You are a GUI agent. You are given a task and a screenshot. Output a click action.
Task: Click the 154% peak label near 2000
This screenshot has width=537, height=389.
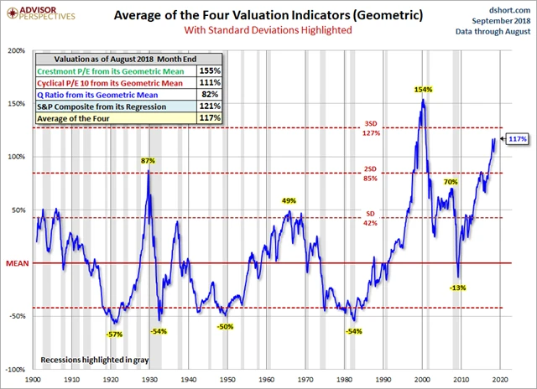point(422,89)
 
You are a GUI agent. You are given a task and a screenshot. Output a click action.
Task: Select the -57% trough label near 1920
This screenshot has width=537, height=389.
point(114,334)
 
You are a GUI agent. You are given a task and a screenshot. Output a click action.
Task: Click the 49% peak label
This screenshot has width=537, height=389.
point(289,200)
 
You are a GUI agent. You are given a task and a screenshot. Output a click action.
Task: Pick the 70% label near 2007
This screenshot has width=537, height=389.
point(451,181)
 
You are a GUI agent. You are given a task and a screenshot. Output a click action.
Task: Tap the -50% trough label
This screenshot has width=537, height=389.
point(224,326)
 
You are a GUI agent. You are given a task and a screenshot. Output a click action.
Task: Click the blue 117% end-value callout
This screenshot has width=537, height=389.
point(517,138)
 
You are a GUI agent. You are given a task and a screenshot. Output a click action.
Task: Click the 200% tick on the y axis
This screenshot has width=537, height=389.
point(17,50)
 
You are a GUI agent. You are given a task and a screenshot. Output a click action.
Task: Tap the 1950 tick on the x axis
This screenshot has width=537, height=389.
point(226,378)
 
